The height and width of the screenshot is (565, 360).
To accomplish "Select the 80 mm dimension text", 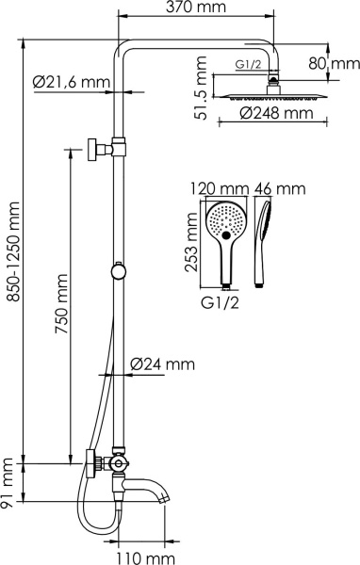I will [x=334, y=64].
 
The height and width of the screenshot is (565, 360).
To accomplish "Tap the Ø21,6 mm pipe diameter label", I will [x=68, y=83].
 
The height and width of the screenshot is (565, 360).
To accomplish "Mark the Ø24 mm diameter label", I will [x=162, y=363].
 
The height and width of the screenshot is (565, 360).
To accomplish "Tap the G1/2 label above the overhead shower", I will [x=248, y=66].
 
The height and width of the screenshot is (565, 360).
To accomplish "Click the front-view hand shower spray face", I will [x=227, y=222].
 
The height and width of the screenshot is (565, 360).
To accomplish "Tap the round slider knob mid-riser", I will [x=117, y=271].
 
